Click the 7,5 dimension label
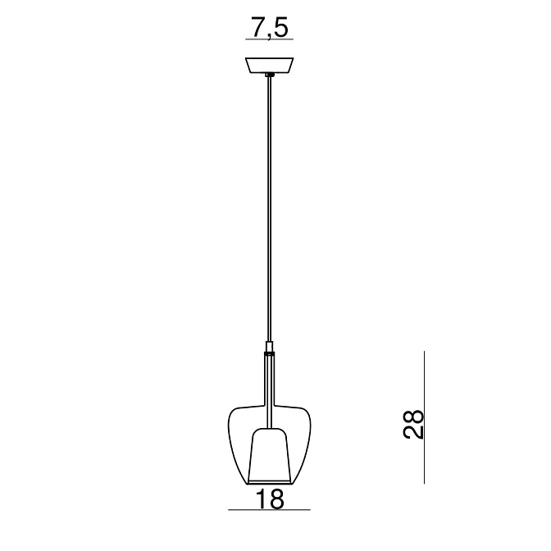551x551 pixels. pos(270,28)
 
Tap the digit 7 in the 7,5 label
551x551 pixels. pos(258,27)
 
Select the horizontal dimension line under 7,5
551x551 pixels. pos(269,39)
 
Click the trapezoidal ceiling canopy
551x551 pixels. pos(270,66)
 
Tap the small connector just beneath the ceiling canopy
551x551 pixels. pos(270,75)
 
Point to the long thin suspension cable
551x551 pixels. pos(270,209)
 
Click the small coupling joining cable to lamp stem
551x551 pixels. pos(270,347)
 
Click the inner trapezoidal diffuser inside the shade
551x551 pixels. pos(270,455)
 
